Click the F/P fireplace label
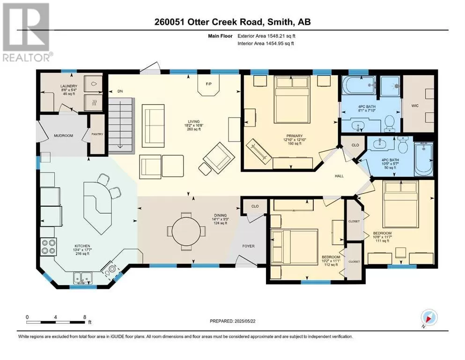click(x=209, y=84)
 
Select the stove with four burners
click(x=49, y=247)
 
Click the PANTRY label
click(x=97, y=134)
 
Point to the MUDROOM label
click(x=64, y=135)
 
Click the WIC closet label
click(x=415, y=105)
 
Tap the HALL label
click(x=339, y=176)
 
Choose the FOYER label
click(x=249, y=246)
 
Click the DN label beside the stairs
click(x=120, y=91)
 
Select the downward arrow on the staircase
click(x=120, y=124)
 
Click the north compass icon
click(x=429, y=318)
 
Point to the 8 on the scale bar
click(x=85, y=317)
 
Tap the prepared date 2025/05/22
click(x=244, y=321)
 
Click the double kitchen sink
click(x=83, y=278)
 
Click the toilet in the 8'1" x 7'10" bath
click(x=389, y=124)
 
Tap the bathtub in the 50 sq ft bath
click(x=424, y=159)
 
